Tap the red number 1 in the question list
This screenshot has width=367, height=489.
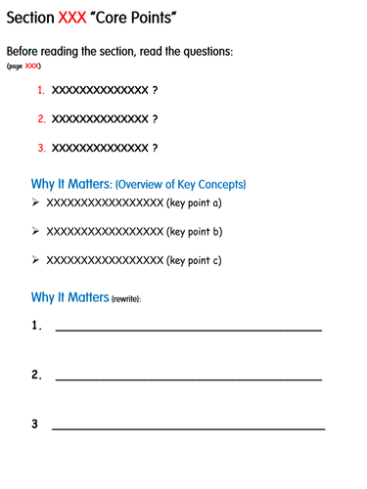click(x=41, y=90)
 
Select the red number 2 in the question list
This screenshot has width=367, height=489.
click(x=41, y=119)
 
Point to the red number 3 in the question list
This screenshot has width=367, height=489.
click(x=41, y=149)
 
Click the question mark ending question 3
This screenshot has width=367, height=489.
click(x=155, y=149)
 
